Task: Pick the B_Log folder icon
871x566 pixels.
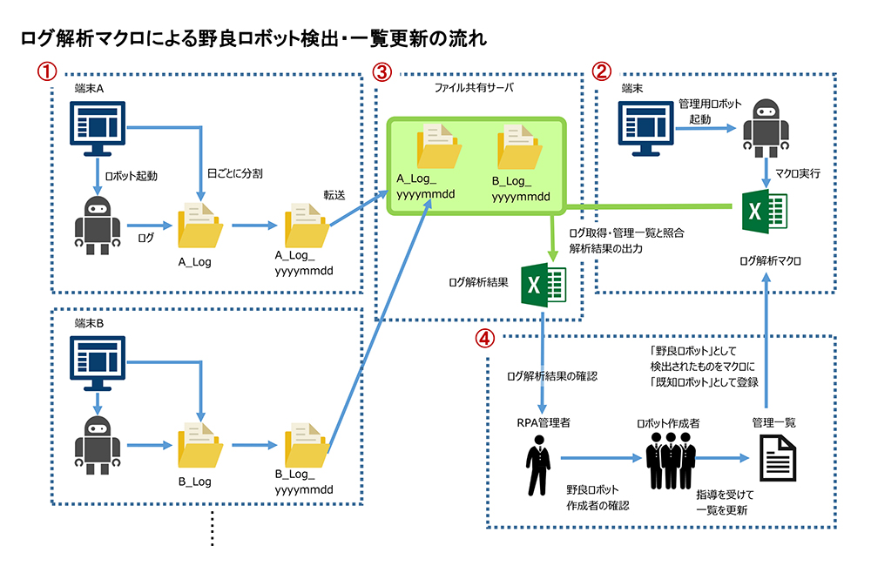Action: [200, 448]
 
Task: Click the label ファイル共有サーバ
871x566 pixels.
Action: [474, 88]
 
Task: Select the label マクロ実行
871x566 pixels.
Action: [797, 174]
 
